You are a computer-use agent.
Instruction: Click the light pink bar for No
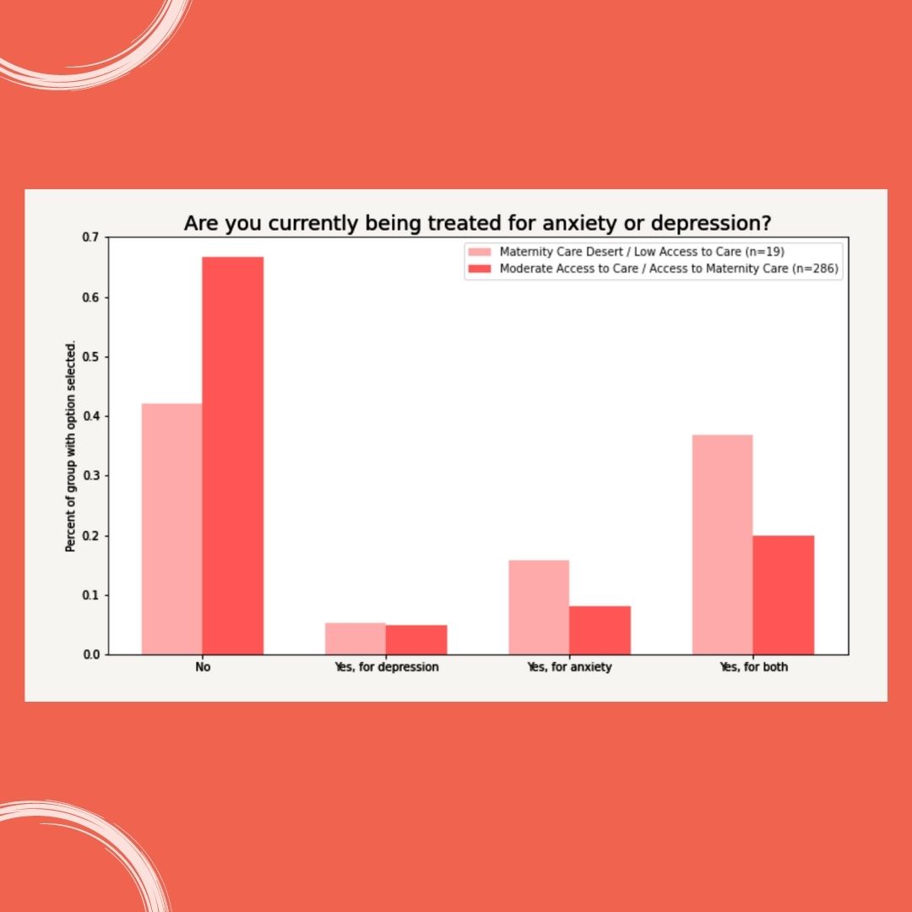(x=171, y=529)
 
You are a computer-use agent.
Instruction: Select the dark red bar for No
(x=233, y=456)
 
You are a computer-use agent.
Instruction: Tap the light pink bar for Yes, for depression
(x=356, y=638)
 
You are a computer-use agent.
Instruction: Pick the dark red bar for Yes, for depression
(x=416, y=639)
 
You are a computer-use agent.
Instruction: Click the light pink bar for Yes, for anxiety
(x=539, y=607)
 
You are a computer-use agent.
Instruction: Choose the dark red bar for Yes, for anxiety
(x=600, y=630)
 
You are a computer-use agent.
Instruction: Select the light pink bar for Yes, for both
(x=722, y=545)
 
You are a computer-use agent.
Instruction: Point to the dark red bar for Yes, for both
(x=784, y=594)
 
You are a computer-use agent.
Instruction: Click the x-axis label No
(x=203, y=667)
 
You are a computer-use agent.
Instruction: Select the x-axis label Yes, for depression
(x=386, y=667)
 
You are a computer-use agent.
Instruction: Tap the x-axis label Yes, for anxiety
(x=569, y=667)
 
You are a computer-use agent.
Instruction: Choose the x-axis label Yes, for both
(x=753, y=667)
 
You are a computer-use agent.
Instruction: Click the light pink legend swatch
(x=479, y=252)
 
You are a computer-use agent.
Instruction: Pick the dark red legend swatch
(x=479, y=269)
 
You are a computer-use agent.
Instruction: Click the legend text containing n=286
(x=670, y=269)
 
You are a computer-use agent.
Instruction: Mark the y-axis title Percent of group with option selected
(x=71, y=447)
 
